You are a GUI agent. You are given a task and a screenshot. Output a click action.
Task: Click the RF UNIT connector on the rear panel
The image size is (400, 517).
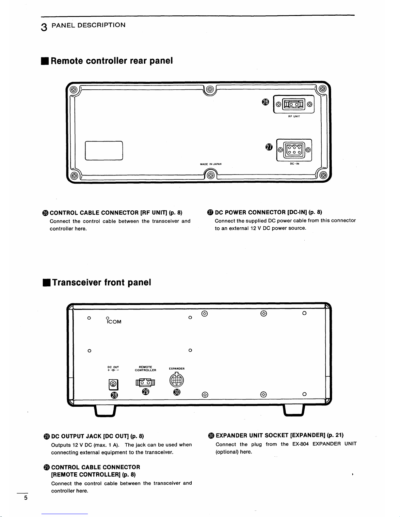294,104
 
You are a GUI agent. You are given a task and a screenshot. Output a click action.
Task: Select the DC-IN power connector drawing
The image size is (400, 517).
294,150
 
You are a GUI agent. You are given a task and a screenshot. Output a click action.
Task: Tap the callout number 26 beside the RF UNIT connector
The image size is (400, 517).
265,102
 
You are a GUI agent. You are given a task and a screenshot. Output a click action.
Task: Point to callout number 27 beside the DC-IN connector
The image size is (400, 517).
269,147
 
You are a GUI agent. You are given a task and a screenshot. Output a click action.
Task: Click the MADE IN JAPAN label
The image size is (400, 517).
211,164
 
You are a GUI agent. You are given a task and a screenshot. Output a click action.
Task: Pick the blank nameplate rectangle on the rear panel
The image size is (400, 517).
104,151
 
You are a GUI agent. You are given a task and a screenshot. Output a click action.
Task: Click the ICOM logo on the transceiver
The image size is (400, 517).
114,321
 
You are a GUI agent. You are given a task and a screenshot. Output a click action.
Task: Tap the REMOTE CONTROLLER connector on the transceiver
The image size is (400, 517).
145,382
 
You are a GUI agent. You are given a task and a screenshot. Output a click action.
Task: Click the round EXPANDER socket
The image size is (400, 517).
177,380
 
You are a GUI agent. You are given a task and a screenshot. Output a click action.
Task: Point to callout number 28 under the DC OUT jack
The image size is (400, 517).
114,395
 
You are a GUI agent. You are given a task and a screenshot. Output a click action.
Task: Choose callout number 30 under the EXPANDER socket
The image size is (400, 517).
177,392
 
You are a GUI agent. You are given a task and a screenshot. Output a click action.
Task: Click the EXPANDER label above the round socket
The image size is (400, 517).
177,369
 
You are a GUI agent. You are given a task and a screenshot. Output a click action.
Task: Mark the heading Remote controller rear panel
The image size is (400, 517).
111,61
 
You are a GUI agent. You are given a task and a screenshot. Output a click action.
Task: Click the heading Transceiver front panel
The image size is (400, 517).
102,282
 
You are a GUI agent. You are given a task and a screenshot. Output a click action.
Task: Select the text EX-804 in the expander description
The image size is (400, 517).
300,444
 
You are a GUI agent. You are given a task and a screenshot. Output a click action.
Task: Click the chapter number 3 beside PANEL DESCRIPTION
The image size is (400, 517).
44,27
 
